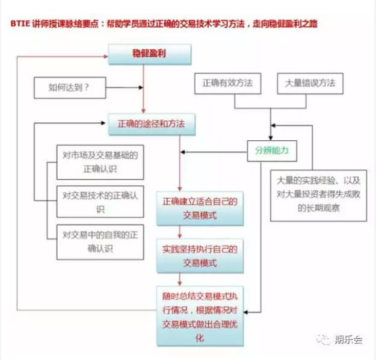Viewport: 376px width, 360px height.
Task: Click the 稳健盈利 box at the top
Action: pyautogui.click(x=150, y=54)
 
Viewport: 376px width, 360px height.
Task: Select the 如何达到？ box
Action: pyautogui.click(x=70, y=88)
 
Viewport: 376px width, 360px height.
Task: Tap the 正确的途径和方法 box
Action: pyautogui.click(x=152, y=125)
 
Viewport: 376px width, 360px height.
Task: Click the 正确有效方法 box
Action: pyautogui.click(x=227, y=83)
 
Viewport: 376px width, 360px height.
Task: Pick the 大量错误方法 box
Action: pyautogui.click(x=310, y=83)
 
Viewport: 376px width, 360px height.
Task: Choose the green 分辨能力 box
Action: pyautogui.click(x=272, y=151)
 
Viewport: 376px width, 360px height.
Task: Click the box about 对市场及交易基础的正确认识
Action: pyautogui.click(x=100, y=162)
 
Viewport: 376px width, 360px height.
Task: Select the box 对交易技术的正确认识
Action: pyautogui.click(x=100, y=202)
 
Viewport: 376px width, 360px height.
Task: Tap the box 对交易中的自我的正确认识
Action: pyautogui.click(x=100, y=242)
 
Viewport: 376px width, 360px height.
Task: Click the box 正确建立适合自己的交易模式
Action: pyautogui.click(x=200, y=208)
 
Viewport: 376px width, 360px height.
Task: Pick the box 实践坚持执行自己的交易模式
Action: pyautogui.click(x=200, y=256)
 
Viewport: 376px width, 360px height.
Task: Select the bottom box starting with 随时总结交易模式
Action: pyautogui.click(x=200, y=316)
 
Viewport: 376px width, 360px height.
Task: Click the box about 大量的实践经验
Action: pyautogui.click(x=318, y=196)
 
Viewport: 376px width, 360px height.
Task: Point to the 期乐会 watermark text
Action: pyautogui.click(x=348, y=340)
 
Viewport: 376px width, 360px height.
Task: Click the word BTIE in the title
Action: pyautogui.click(x=20, y=23)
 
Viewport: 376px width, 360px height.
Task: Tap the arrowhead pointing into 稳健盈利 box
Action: pyautogui.click(x=106, y=57)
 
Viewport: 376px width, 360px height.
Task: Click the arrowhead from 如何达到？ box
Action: pyautogui.click(x=141, y=87)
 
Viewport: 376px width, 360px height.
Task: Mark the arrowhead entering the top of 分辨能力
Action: pyautogui.click(x=271, y=138)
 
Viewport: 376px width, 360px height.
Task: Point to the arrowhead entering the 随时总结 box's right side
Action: pyautogui.click(x=246, y=312)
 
